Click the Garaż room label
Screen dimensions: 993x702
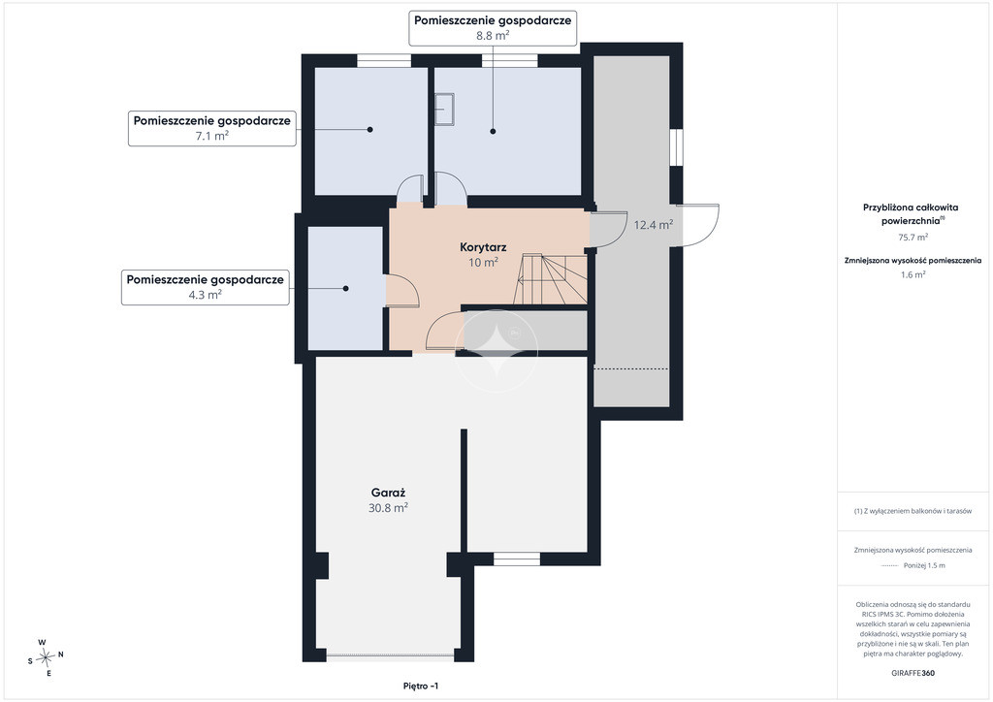click(x=388, y=493)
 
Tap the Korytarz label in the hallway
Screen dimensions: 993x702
click(x=483, y=247)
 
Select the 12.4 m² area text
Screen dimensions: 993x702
click(x=654, y=225)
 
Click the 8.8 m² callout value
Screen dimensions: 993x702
click(x=493, y=36)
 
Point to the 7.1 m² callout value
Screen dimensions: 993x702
click(x=212, y=136)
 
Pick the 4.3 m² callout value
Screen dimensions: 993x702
click(x=206, y=295)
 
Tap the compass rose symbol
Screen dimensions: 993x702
click(x=46, y=658)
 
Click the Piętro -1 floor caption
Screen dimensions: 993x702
click(x=421, y=686)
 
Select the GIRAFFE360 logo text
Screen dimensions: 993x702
click(x=913, y=673)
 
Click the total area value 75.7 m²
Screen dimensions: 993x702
click(x=913, y=238)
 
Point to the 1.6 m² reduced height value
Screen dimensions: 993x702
click(x=913, y=274)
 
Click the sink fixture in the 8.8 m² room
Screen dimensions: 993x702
click(x=444, y=109)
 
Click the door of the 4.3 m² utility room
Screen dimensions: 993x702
click(x=402, y=290)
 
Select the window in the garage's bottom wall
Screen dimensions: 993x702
click(x=517, y=558)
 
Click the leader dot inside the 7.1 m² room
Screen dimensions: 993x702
click(x=369, y=130)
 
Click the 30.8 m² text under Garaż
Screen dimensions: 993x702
click(x=388, y=508)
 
